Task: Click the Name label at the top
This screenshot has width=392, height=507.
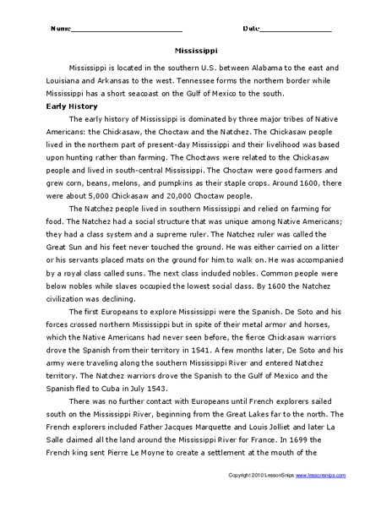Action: click(x=60, y=28)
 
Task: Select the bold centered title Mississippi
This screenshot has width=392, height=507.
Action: click(x=195, y=50)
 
